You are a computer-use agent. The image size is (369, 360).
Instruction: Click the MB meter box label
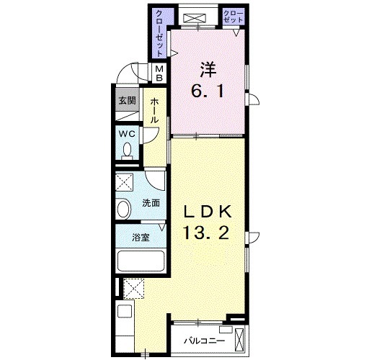(159, 73)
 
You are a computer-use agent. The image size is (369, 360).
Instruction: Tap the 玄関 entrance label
(128, 100)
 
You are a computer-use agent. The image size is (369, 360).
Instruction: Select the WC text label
(127, 134)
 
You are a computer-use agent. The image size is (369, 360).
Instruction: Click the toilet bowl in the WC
(127, 151)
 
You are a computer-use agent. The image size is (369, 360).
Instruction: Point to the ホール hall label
(154, 111)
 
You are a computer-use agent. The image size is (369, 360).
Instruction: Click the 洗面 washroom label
(151, 203)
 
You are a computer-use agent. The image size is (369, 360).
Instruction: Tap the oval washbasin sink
(124, 209)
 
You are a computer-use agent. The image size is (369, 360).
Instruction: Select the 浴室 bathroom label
(141, 238)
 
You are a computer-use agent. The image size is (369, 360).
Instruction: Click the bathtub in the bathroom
(141, 261)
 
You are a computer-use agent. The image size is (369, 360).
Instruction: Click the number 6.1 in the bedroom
(208, 91)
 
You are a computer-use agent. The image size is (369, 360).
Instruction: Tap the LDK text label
(208, 211)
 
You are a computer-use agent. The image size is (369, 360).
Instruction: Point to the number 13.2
(206, 233)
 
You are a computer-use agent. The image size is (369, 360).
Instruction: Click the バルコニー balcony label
(205, 341)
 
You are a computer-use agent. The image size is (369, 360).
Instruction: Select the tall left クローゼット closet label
(160, 33)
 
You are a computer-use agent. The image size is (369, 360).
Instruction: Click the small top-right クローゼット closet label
(234, 17)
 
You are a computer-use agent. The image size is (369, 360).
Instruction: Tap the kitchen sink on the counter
(125, 312)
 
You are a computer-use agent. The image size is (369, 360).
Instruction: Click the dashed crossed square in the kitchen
(133, 289)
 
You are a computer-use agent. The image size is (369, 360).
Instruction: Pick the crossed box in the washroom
(124, 182)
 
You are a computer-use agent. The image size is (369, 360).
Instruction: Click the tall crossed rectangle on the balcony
(239, 340)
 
